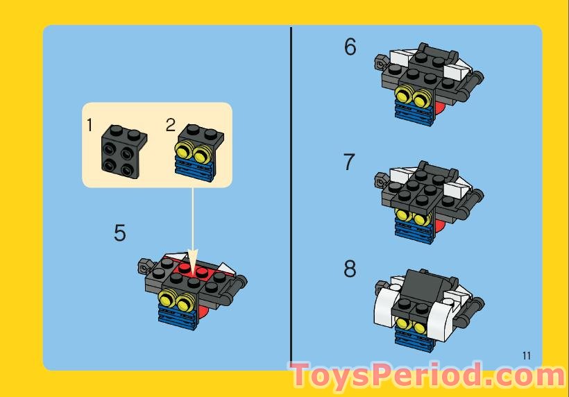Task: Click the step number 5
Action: [120, 233]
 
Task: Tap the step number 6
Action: [350, 47]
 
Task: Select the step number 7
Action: [350, 162]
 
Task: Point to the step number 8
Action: [350, 269]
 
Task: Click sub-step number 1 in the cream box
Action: [90, 125]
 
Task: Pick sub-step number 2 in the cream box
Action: [171, 125]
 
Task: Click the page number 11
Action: [526, 356]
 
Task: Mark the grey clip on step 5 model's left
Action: [144, 265]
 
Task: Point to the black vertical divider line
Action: [291, 194]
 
